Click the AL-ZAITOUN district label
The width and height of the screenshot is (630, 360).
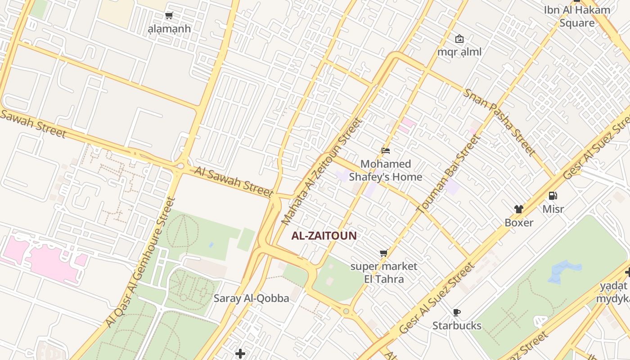click(324, 235)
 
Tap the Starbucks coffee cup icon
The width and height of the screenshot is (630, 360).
click(457, 312)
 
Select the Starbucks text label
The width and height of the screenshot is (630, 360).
click(457, 325)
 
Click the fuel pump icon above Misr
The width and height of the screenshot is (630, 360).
click(553, 196)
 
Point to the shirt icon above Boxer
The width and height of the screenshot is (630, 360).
click(519, 209)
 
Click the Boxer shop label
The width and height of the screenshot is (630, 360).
click(519, 222)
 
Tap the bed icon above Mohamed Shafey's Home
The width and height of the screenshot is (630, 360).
click(385, 151)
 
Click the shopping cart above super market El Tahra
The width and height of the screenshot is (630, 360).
click(383, 253)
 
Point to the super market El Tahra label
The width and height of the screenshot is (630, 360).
click(384, 273)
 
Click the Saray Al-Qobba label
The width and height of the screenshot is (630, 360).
click(251, 298)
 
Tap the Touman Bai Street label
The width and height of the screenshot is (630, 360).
click(448, 175)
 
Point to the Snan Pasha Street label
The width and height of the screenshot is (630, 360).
click(499, 122)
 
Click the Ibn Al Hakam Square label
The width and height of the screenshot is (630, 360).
click(577, 16)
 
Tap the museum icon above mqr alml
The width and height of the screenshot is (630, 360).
click(459, 39)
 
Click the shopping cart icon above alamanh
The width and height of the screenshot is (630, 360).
click(169, 16)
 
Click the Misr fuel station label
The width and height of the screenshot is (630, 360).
click(553, 209)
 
